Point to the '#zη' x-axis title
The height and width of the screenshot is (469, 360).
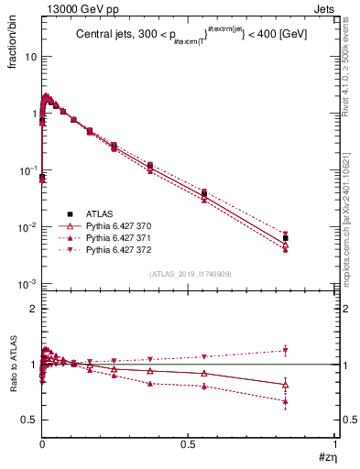(x=326, y=455)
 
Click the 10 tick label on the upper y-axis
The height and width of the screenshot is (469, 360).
(x=29, y=57)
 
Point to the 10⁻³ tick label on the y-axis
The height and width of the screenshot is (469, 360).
(x=27, y=284)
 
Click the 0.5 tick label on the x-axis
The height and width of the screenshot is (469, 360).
(x=188, y=444)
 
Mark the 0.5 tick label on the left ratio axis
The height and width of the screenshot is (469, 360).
(x=29, y=420)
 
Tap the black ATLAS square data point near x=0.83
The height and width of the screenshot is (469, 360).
(x=286, y=238)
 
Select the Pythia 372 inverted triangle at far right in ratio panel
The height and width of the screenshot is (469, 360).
(x=286, y=350)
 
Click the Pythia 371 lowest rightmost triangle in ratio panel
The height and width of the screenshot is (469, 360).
(x=286, y=401)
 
